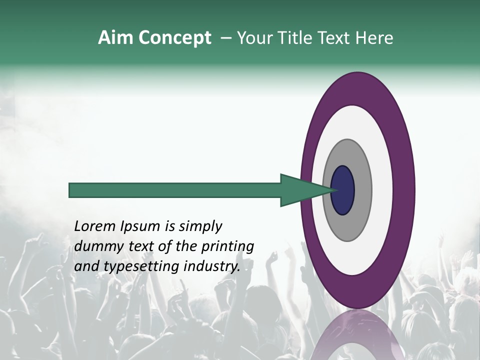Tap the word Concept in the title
[174, 38]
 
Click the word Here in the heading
[375, 38]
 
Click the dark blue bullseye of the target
[342, 190]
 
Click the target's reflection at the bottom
[357, 335]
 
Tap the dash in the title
[226, 38]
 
